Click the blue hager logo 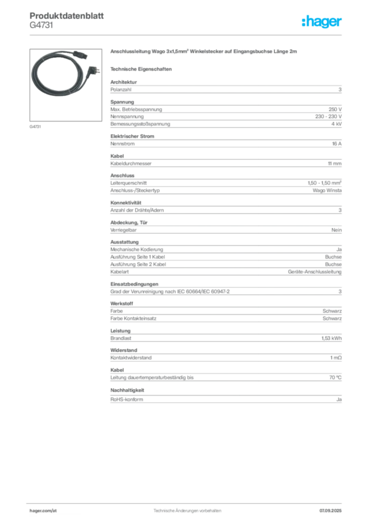coord(322,22)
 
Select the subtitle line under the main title coord(142,68)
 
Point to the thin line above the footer coord(187,502)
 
